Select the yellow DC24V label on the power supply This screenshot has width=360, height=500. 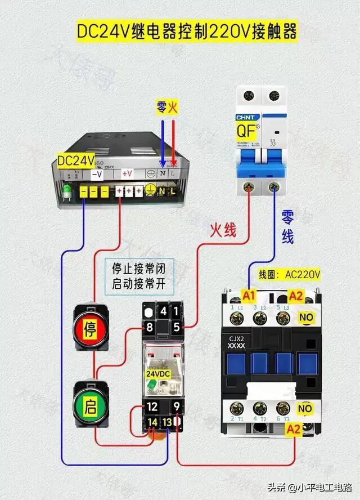point(75,160)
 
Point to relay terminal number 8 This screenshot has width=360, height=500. point(150,327)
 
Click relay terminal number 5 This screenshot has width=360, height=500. point(176,327)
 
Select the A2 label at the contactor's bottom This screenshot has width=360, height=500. point(294,429)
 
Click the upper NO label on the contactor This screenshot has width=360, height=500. point(306,318)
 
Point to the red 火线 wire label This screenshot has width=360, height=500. point(223,230)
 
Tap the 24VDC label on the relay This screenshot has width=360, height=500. point(159,373)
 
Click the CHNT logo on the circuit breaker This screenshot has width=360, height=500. point(246,118)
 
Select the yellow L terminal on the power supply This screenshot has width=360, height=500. point(173,191)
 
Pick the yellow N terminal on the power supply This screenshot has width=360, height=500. point(162,191)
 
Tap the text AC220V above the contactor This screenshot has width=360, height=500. point(302,275)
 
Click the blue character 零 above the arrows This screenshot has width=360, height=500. point(161,107)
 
